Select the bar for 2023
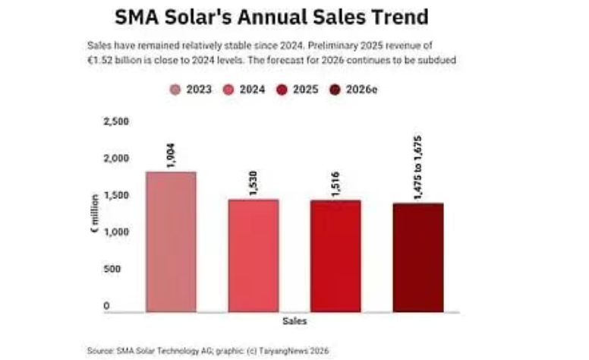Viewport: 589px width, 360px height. click(171, 242)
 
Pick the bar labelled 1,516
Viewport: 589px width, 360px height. click(335, 256)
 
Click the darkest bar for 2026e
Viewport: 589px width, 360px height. click(417, 257)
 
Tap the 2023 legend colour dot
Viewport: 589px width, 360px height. click(175, 89)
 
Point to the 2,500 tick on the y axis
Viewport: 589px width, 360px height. click(116, 122)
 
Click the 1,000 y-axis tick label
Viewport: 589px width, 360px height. click(116, 232)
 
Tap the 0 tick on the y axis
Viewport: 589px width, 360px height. click(107, 306)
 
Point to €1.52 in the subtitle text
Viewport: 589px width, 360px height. click(100, 59)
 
